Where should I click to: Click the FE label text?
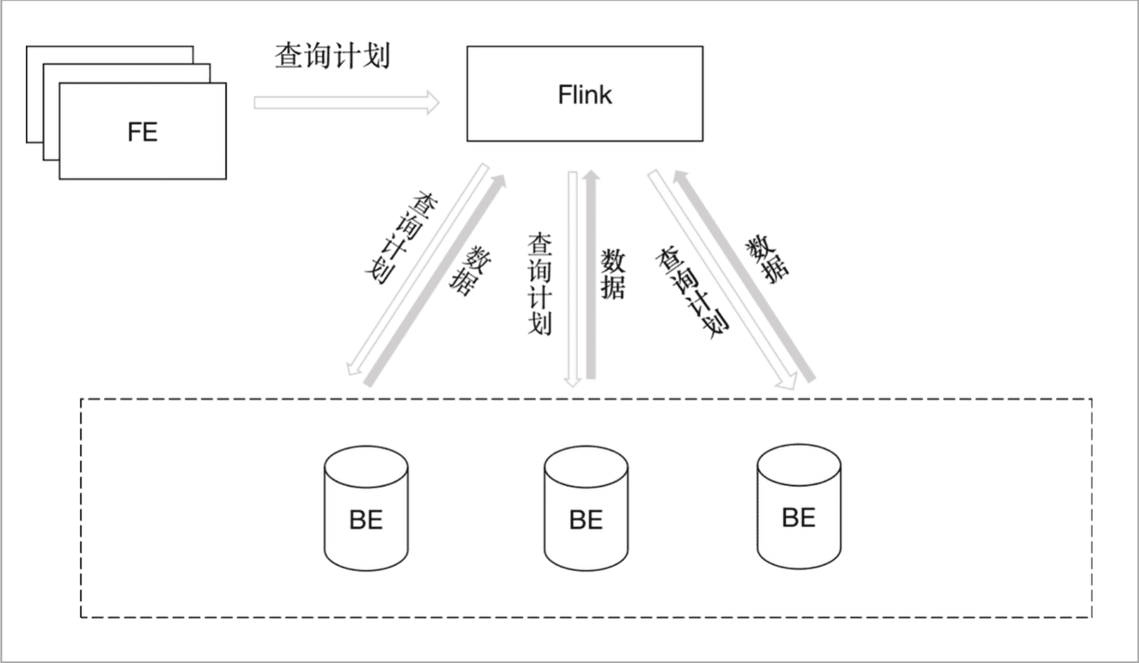point(142,132)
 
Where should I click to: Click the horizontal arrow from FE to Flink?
point(346,103)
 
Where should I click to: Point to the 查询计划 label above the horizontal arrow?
point(332,56)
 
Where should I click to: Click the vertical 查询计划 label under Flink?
point(540,284)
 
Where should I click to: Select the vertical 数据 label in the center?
point(613,275)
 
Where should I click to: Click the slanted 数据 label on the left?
point(470,271)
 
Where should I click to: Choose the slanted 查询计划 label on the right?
point(692,291)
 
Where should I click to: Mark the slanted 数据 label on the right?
point(767,259)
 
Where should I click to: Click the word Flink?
point(584,95)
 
